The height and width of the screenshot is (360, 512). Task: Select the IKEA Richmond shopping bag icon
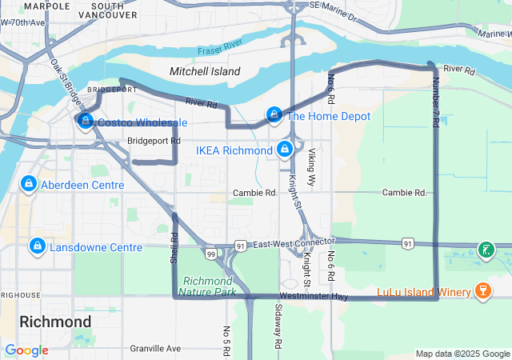coord(284,150)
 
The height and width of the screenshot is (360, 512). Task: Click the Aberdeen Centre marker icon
coord(29,185)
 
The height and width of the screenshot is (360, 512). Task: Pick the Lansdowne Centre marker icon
coord(37,246)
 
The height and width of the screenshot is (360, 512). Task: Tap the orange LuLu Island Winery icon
coord(482,290)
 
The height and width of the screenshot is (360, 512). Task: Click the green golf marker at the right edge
coord(486,250)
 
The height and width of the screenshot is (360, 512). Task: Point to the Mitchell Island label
coord(205,71)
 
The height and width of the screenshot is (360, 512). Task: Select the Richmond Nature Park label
coord(209,286)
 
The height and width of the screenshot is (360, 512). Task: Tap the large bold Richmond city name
coord(54,322)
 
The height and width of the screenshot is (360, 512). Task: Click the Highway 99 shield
coord(210,254)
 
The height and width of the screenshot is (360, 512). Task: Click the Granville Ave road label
coord(157,348)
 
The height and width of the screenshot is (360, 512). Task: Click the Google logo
coord(26,350)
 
